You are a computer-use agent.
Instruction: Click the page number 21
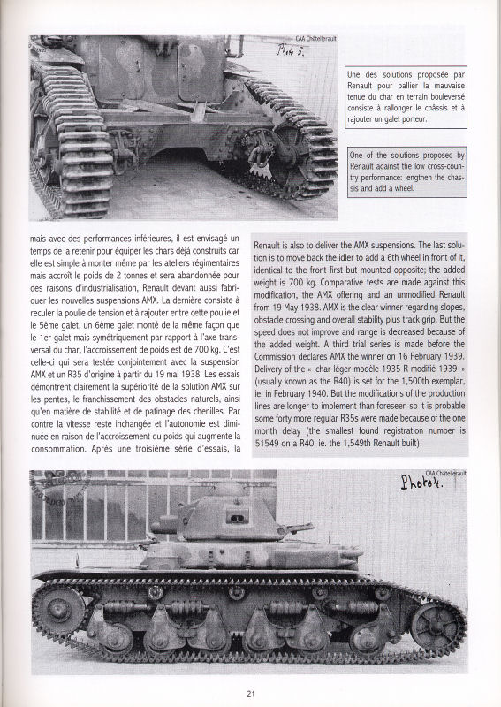[x=251, y=692]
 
